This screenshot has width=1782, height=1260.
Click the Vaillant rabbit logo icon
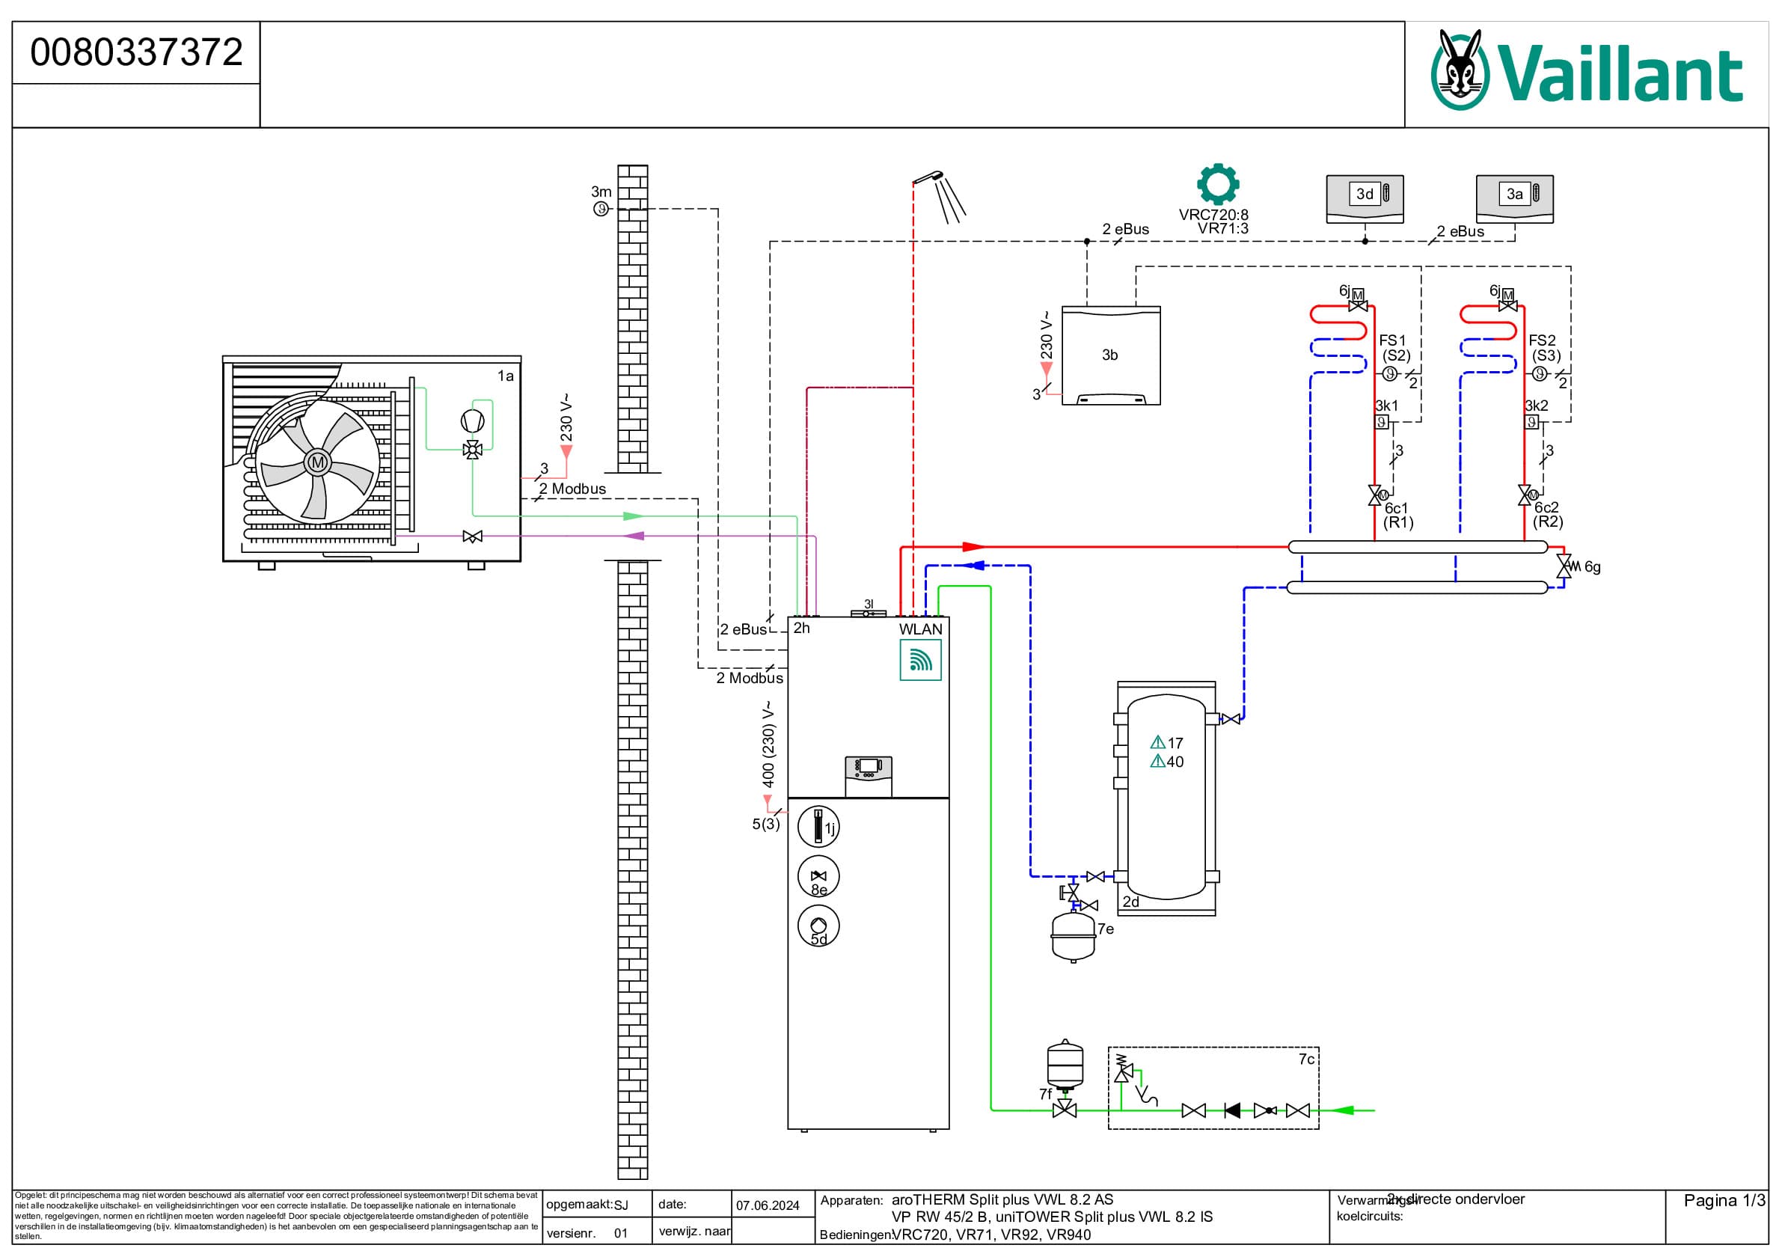(1460, 70)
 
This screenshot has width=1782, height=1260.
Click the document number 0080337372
(137, 53)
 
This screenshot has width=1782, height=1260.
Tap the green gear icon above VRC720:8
(1217, 184)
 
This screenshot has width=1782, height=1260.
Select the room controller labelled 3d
(1365, 199)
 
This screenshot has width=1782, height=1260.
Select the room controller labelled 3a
(1514, 199)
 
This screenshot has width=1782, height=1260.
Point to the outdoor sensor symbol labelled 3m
(601, 209)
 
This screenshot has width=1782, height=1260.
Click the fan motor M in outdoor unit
(317, 462)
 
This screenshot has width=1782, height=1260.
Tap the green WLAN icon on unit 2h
(920, 660)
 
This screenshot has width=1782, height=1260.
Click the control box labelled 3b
(1111, 355)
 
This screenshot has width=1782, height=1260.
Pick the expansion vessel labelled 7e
(1074, 936)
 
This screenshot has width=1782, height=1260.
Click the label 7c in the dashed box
(1306, 1059)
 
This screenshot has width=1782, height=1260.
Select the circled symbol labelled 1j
(818, 827)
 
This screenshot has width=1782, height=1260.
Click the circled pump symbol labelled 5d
(818, 926)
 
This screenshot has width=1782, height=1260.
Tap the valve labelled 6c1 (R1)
(1375, 495)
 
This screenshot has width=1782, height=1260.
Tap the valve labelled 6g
(1564, 566)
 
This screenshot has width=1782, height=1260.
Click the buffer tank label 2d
(1131, 902)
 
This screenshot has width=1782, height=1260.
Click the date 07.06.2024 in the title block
(768, 1205)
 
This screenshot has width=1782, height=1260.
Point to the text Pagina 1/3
(1724, 1200)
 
